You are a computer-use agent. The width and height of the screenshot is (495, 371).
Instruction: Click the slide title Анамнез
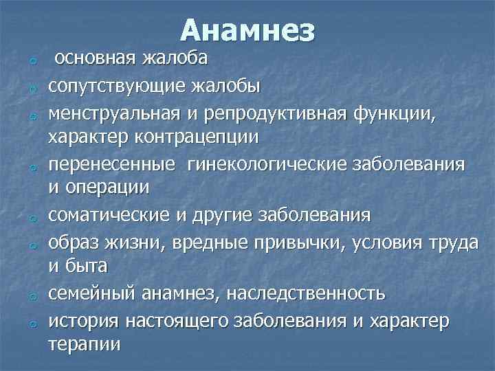[248, 30]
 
